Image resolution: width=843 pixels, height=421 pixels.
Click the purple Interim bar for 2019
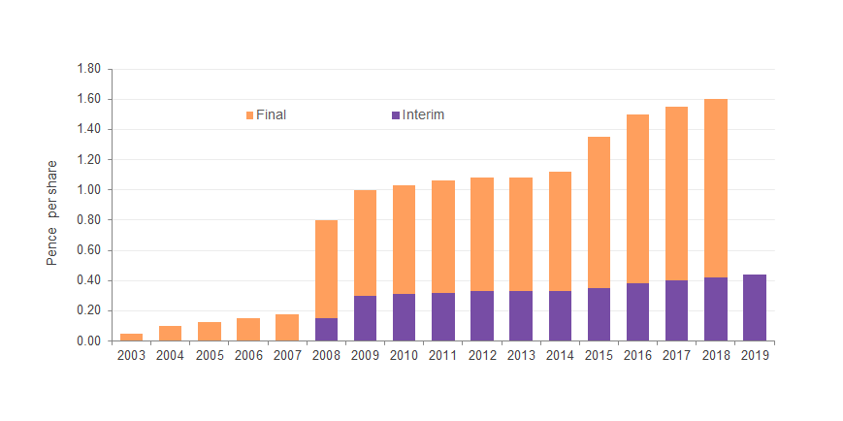coord(755,308)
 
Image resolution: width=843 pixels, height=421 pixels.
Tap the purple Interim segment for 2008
coord(326,329)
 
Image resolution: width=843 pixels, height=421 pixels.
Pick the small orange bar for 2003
coord(131,337)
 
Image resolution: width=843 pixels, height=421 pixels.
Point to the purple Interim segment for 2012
coord(482,315)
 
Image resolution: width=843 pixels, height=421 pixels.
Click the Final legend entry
coord(271,114)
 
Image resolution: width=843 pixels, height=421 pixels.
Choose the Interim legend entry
coord(423,114)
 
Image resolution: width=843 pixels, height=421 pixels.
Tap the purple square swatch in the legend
coord(396,115)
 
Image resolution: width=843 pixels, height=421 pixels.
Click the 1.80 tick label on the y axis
coord(88,69)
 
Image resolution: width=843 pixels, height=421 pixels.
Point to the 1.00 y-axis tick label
coord(88,190)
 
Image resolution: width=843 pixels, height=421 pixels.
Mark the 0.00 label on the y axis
coord(88,341)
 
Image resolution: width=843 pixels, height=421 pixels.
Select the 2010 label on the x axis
coord(404,355)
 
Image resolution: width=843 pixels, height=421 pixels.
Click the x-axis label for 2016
coord(637,355)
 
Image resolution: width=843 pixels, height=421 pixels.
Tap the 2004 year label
coord(170,355)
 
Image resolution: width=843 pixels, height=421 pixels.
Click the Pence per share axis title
coord(52,212)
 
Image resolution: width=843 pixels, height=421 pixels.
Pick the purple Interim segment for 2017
coord(676,310)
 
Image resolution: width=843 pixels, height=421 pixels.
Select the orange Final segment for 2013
coord(521,234)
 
